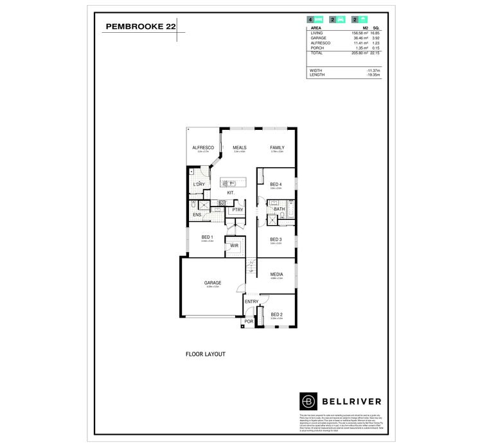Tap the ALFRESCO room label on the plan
203,148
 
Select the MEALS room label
240,148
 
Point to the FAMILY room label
277,148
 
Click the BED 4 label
276,185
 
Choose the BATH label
279,209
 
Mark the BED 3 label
276,239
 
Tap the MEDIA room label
276,275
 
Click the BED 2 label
276,315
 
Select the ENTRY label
251,302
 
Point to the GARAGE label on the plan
213,283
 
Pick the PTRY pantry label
238,210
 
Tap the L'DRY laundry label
199,185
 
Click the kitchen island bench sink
232,183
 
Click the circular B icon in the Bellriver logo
310,400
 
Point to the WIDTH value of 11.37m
373,70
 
